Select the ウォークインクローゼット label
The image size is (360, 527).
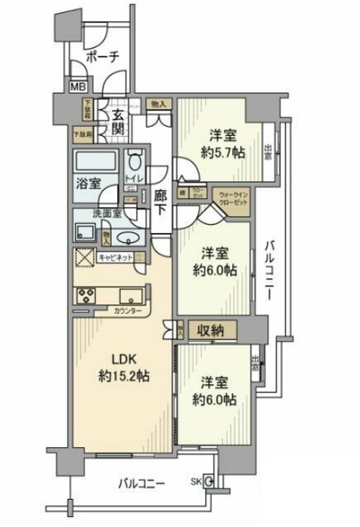click(x=229, y=201)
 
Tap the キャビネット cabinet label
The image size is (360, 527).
click(x=115, y=258)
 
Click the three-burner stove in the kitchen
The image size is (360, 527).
click(x=86, y=294)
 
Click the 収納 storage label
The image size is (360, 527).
click(x=212, y=331)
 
